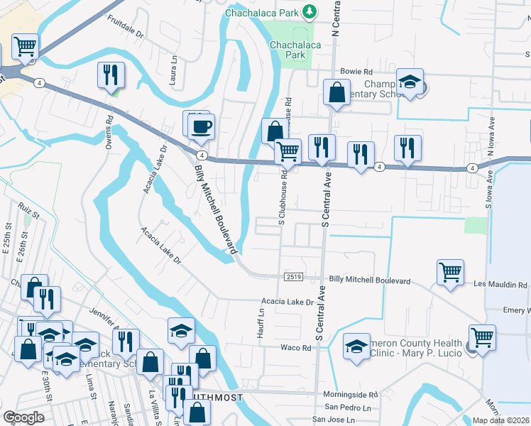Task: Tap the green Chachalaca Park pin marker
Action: [309, 11]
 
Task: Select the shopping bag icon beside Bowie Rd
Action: [336, 92]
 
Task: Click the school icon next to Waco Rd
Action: [356, 346]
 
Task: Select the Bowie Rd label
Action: [356, 72]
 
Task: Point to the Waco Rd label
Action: [296, 348]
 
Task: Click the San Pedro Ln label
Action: [348, 408]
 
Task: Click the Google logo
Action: [23, 417]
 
